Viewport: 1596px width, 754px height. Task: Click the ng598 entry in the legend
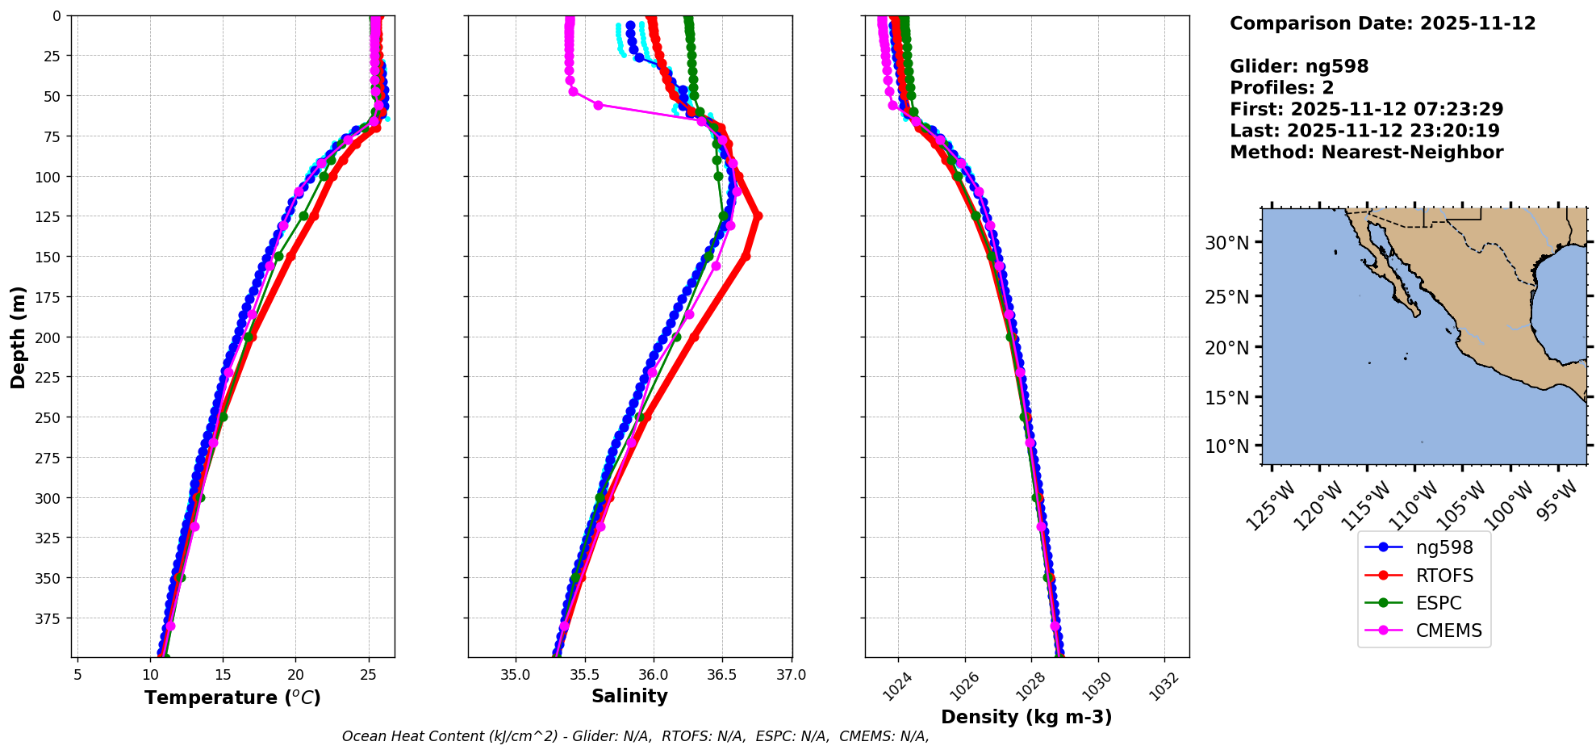[x=1444, y=547]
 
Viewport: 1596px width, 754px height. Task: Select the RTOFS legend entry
[x=1444, y=576]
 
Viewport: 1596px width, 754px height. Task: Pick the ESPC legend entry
[x=1438, y=603]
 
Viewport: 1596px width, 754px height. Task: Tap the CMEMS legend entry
[x=1448, y=630]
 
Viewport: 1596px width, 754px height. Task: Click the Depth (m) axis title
[x=18, y=337]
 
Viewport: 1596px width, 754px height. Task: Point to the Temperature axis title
[x=232, y=697]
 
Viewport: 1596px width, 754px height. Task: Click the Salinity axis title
[x=629, y=696]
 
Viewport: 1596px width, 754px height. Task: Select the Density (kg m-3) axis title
[x=1026, y=717]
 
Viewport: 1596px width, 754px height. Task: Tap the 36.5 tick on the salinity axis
[x=722, y=674]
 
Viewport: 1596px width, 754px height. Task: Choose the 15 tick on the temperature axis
[x=223, y=674]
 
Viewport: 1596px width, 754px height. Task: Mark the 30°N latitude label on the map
[x=1226, y=243]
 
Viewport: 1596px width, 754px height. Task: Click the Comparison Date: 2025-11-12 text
[x=1382, y=23]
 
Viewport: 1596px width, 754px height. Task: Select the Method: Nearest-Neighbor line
[x=1366, y=153]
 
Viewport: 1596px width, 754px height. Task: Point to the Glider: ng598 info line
[x=1299, y=66]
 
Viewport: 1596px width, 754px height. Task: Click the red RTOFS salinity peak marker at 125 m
[x=757, y=216]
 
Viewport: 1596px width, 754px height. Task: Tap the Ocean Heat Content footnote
[x=635, y=736]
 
